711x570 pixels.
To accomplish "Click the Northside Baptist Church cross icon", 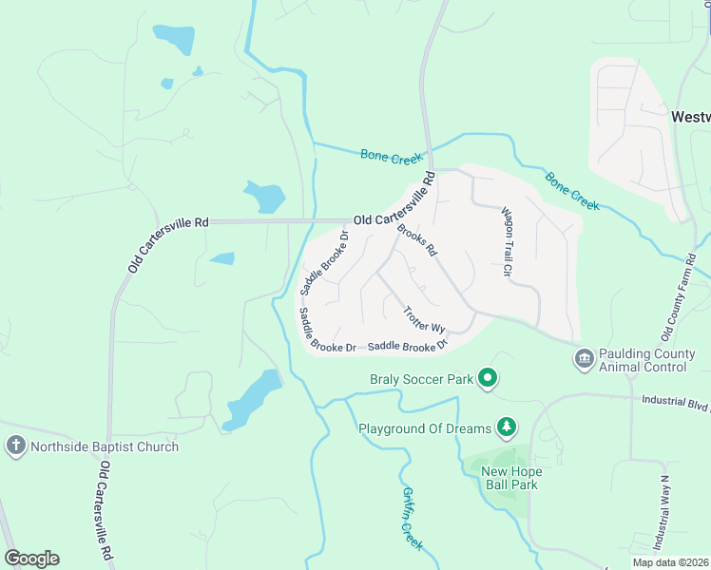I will pyautogui.click(x=15, y=446).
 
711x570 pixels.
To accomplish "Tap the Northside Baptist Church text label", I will pyautogui.click(x=105, y=446).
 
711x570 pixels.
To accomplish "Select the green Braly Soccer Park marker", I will pyautogui.click(x=488, y=379).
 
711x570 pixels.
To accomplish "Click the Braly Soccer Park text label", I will pyautogui.click(x=421, y=379).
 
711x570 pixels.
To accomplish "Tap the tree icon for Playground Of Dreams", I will pyautogui.click(x=508, y=427).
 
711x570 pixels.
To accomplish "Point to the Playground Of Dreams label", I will pyautogui.click(x=424, y=427).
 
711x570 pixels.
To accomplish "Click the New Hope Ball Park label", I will pyautogui.click(x=510, y=478).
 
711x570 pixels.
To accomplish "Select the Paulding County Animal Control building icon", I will pyautogui.click(x=584, y=359).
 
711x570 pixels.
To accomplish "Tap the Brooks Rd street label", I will pyautogui.click(x=417, y=239).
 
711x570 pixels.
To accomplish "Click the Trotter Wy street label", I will pyautogui.click(x=424, y=318).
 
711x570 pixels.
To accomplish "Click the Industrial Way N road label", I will pyautogui.click(x=663, y=512).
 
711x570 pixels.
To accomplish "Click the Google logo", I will pyautogui.click(x=31, y=559).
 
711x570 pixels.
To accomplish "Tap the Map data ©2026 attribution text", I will pyautogui.click(x=670, y=562).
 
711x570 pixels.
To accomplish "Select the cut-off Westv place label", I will pyautogui.click(x=690, y=117).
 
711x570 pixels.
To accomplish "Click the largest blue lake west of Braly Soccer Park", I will pyautogui.click(x=253, y=399).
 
